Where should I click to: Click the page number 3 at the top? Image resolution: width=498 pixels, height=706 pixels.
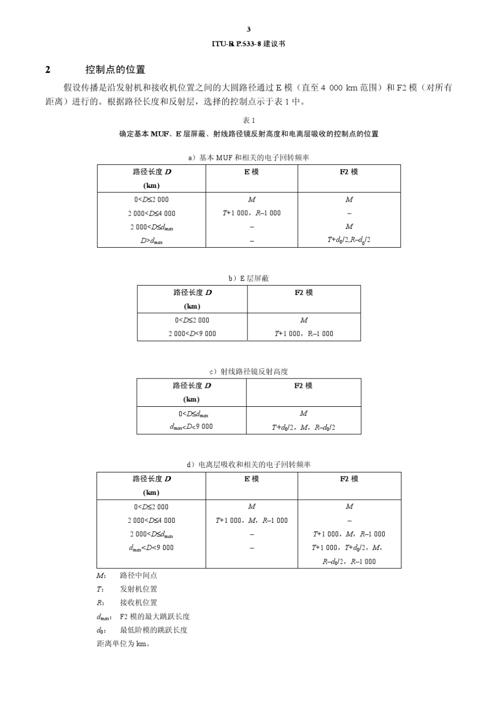click(248, 29)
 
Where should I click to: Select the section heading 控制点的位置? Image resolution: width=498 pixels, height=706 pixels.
click(115, 70)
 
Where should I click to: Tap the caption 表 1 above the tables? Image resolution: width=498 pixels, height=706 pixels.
click(249, 120)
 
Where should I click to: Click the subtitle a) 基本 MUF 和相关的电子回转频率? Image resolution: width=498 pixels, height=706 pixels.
click(249, 157)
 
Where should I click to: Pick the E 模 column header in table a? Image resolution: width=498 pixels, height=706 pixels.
click(252, 172)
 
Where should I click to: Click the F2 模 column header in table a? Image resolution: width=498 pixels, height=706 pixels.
click(349, 172)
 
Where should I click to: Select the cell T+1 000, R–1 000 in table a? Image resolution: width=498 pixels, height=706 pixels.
click(252, 213)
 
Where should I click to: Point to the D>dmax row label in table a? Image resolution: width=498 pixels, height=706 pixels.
click(151, 241)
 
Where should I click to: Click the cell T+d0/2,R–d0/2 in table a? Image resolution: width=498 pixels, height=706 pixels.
click(349, 240)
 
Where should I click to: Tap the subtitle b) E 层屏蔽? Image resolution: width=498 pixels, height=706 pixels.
click(248, 279)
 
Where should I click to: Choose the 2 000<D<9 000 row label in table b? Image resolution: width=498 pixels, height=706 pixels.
click(192, 334)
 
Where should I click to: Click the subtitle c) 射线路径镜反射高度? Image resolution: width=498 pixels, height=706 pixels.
click(249, 372)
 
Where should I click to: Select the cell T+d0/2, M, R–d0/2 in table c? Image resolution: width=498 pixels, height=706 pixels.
click(304, 427)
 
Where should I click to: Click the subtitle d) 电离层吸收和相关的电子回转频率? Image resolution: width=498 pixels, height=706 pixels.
click(249, 465)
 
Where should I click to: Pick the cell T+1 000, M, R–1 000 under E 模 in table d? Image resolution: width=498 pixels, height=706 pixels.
click(252, 521)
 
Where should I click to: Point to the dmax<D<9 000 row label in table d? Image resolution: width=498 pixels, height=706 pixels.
click(151, 548)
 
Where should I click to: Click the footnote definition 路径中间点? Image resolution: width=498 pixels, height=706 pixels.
click(138, 576)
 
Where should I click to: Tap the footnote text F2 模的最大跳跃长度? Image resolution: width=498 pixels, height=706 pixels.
click(155, 617)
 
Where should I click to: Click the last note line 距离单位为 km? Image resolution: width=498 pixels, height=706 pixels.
click(124, 644)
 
